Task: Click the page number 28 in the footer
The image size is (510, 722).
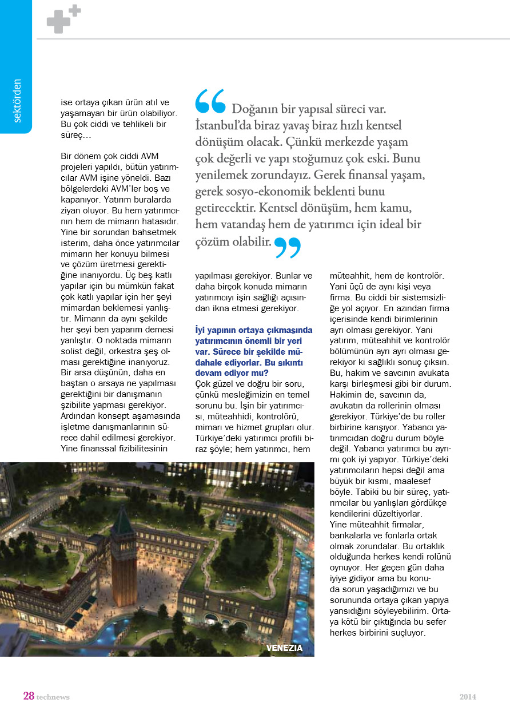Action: (x=29, y=696)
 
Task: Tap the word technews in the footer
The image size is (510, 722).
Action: (x=53, y=697)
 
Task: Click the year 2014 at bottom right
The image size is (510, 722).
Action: (x=468, y=697)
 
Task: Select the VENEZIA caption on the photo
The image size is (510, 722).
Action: (x=284, y=648)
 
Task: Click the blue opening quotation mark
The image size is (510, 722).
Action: (x=210, y=101)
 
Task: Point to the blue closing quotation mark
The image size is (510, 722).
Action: (x=288, y=247)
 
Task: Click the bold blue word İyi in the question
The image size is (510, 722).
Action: (x=200, y=330)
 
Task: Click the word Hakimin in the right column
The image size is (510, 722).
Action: (x=345, y=394)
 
